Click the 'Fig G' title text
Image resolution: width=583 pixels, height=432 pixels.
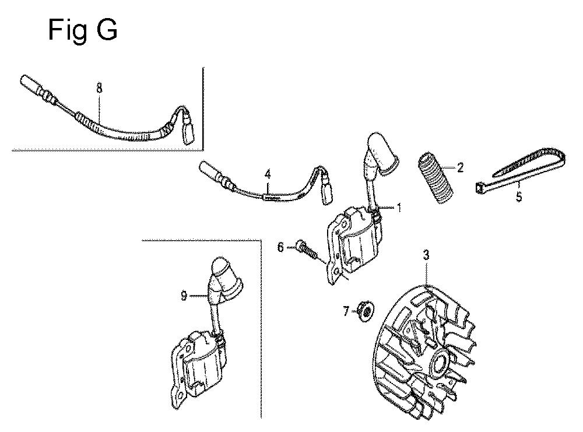click(x=83, y=30)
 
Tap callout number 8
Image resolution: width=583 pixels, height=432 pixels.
click(x=99, y=89)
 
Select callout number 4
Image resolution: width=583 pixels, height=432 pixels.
click(x=268, y=174)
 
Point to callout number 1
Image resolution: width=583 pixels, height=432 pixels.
click(x=399, y=207)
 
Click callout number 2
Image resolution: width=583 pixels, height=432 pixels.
click(x=461, y=168)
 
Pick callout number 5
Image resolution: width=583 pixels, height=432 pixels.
click(x=519, y=196)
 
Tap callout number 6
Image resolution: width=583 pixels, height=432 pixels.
click(x=281, y=247)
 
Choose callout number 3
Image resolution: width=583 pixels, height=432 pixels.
click(x=426, y=255)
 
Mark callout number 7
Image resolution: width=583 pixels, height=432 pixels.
click(x=346, y=311)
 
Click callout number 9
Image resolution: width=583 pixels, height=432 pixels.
click(x=184, y=296)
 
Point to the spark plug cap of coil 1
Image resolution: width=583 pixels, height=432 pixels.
click(x=383, y=153)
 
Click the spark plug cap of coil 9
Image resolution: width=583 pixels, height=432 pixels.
click(x=225, y=277)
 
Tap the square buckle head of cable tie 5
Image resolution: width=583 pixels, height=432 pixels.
click(x=479, y=188)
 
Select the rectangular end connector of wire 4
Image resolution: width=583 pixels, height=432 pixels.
click(x=327, y=192)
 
